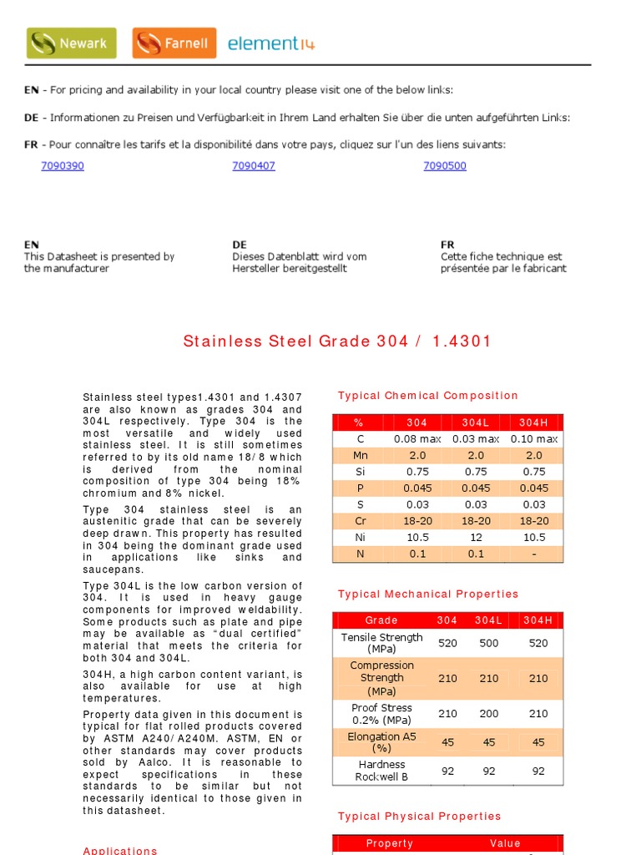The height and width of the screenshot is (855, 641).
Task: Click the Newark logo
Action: click(x=71, y=43)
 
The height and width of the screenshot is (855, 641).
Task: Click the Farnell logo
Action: click(x=174, y=43)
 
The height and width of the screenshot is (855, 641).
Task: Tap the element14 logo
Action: click(x=271, y=44)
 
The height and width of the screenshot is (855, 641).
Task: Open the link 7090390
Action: click(x=63, y=166)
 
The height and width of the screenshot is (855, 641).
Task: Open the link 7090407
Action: click(x=254, y=166)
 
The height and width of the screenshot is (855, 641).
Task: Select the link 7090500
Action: click(x=445, y=166)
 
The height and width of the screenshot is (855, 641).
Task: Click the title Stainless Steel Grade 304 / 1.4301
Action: click(x=337, y=341)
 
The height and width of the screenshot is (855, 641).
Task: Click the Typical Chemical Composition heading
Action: click(x=427, y=396)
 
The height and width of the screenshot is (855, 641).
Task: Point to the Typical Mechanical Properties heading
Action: click(x=427, y=594)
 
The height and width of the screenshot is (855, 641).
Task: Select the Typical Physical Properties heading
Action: click(x=419, y=817)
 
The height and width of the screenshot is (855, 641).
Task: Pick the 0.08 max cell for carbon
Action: click(x=417, y=439)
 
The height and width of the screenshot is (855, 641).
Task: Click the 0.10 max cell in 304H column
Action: click(x=534, y=439)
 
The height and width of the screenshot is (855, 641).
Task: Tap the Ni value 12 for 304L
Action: click(x=476, y=538)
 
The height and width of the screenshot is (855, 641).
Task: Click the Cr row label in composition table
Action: click(x=361, y=521)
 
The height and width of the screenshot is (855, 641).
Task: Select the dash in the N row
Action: click(x=534, y=554)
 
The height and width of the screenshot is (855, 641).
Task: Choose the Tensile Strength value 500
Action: click(x=489, y=643)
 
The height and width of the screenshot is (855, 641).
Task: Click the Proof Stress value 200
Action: click(x=489, y=714)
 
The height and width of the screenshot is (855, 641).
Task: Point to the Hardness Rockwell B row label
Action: click(x=381, y=771)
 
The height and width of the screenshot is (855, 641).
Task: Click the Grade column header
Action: click(x=381, y=620)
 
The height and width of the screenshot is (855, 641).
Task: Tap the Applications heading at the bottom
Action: click(x=120, y=850)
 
